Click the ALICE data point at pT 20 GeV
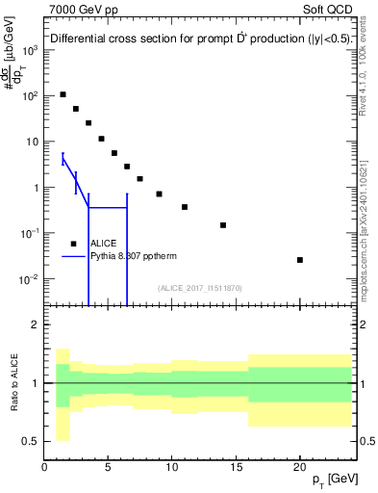coord(300,260)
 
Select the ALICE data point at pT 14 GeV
coord(223,225)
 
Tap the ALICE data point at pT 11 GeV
coord(185,207)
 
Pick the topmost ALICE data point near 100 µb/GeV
coord(63,94)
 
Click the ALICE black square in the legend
coord(74,244)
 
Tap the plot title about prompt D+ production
coord(191,39)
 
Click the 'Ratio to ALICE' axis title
coord(13,382)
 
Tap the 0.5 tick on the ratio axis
coord(31,441)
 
